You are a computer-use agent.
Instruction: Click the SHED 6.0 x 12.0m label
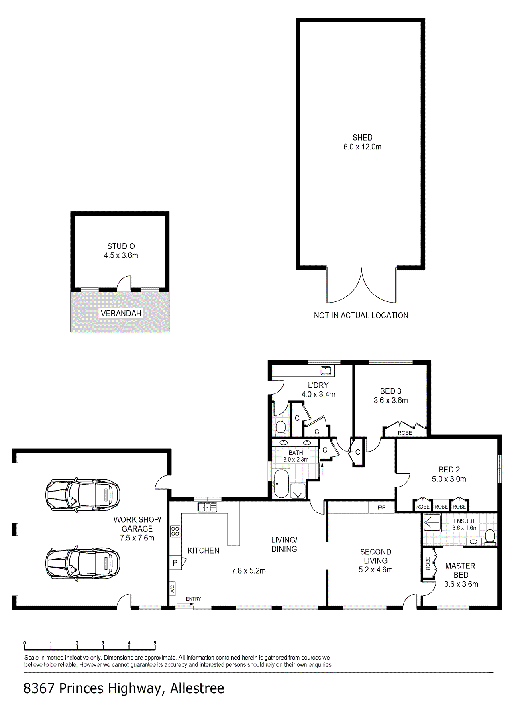click(x=362, y=142)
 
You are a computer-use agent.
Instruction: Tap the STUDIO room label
click(x=121, y=246)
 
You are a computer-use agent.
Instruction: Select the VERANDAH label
click(x=121, y=313)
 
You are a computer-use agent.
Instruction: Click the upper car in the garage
click(x=83, y=495)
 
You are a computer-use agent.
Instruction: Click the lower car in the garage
click(x=83, y=563)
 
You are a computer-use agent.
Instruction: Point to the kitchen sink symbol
click(x=207, y=507)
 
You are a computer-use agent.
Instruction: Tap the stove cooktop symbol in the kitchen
click(x=175, y=532)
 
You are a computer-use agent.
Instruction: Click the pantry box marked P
click(x=175, y=563)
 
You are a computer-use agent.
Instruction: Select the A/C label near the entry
click(x=172, y=589)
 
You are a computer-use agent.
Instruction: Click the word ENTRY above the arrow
click(x=194, y=599)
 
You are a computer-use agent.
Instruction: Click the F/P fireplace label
click(x=381, y=507)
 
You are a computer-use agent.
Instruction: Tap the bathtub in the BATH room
click(x=281, y=484)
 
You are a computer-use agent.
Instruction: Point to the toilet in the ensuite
click(x=490, y=537)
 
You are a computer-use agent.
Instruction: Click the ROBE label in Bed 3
click(x=405, y=433)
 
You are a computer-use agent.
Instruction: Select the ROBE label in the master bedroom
click(x=428, y=563)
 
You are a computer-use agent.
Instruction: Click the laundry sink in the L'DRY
click(x=326, y=370)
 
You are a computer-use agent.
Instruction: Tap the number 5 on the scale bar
click(x=155, y=643)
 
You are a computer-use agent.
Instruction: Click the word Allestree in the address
click(x=197, y=688)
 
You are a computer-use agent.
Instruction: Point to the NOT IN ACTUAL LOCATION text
click(x=361, y=316)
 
